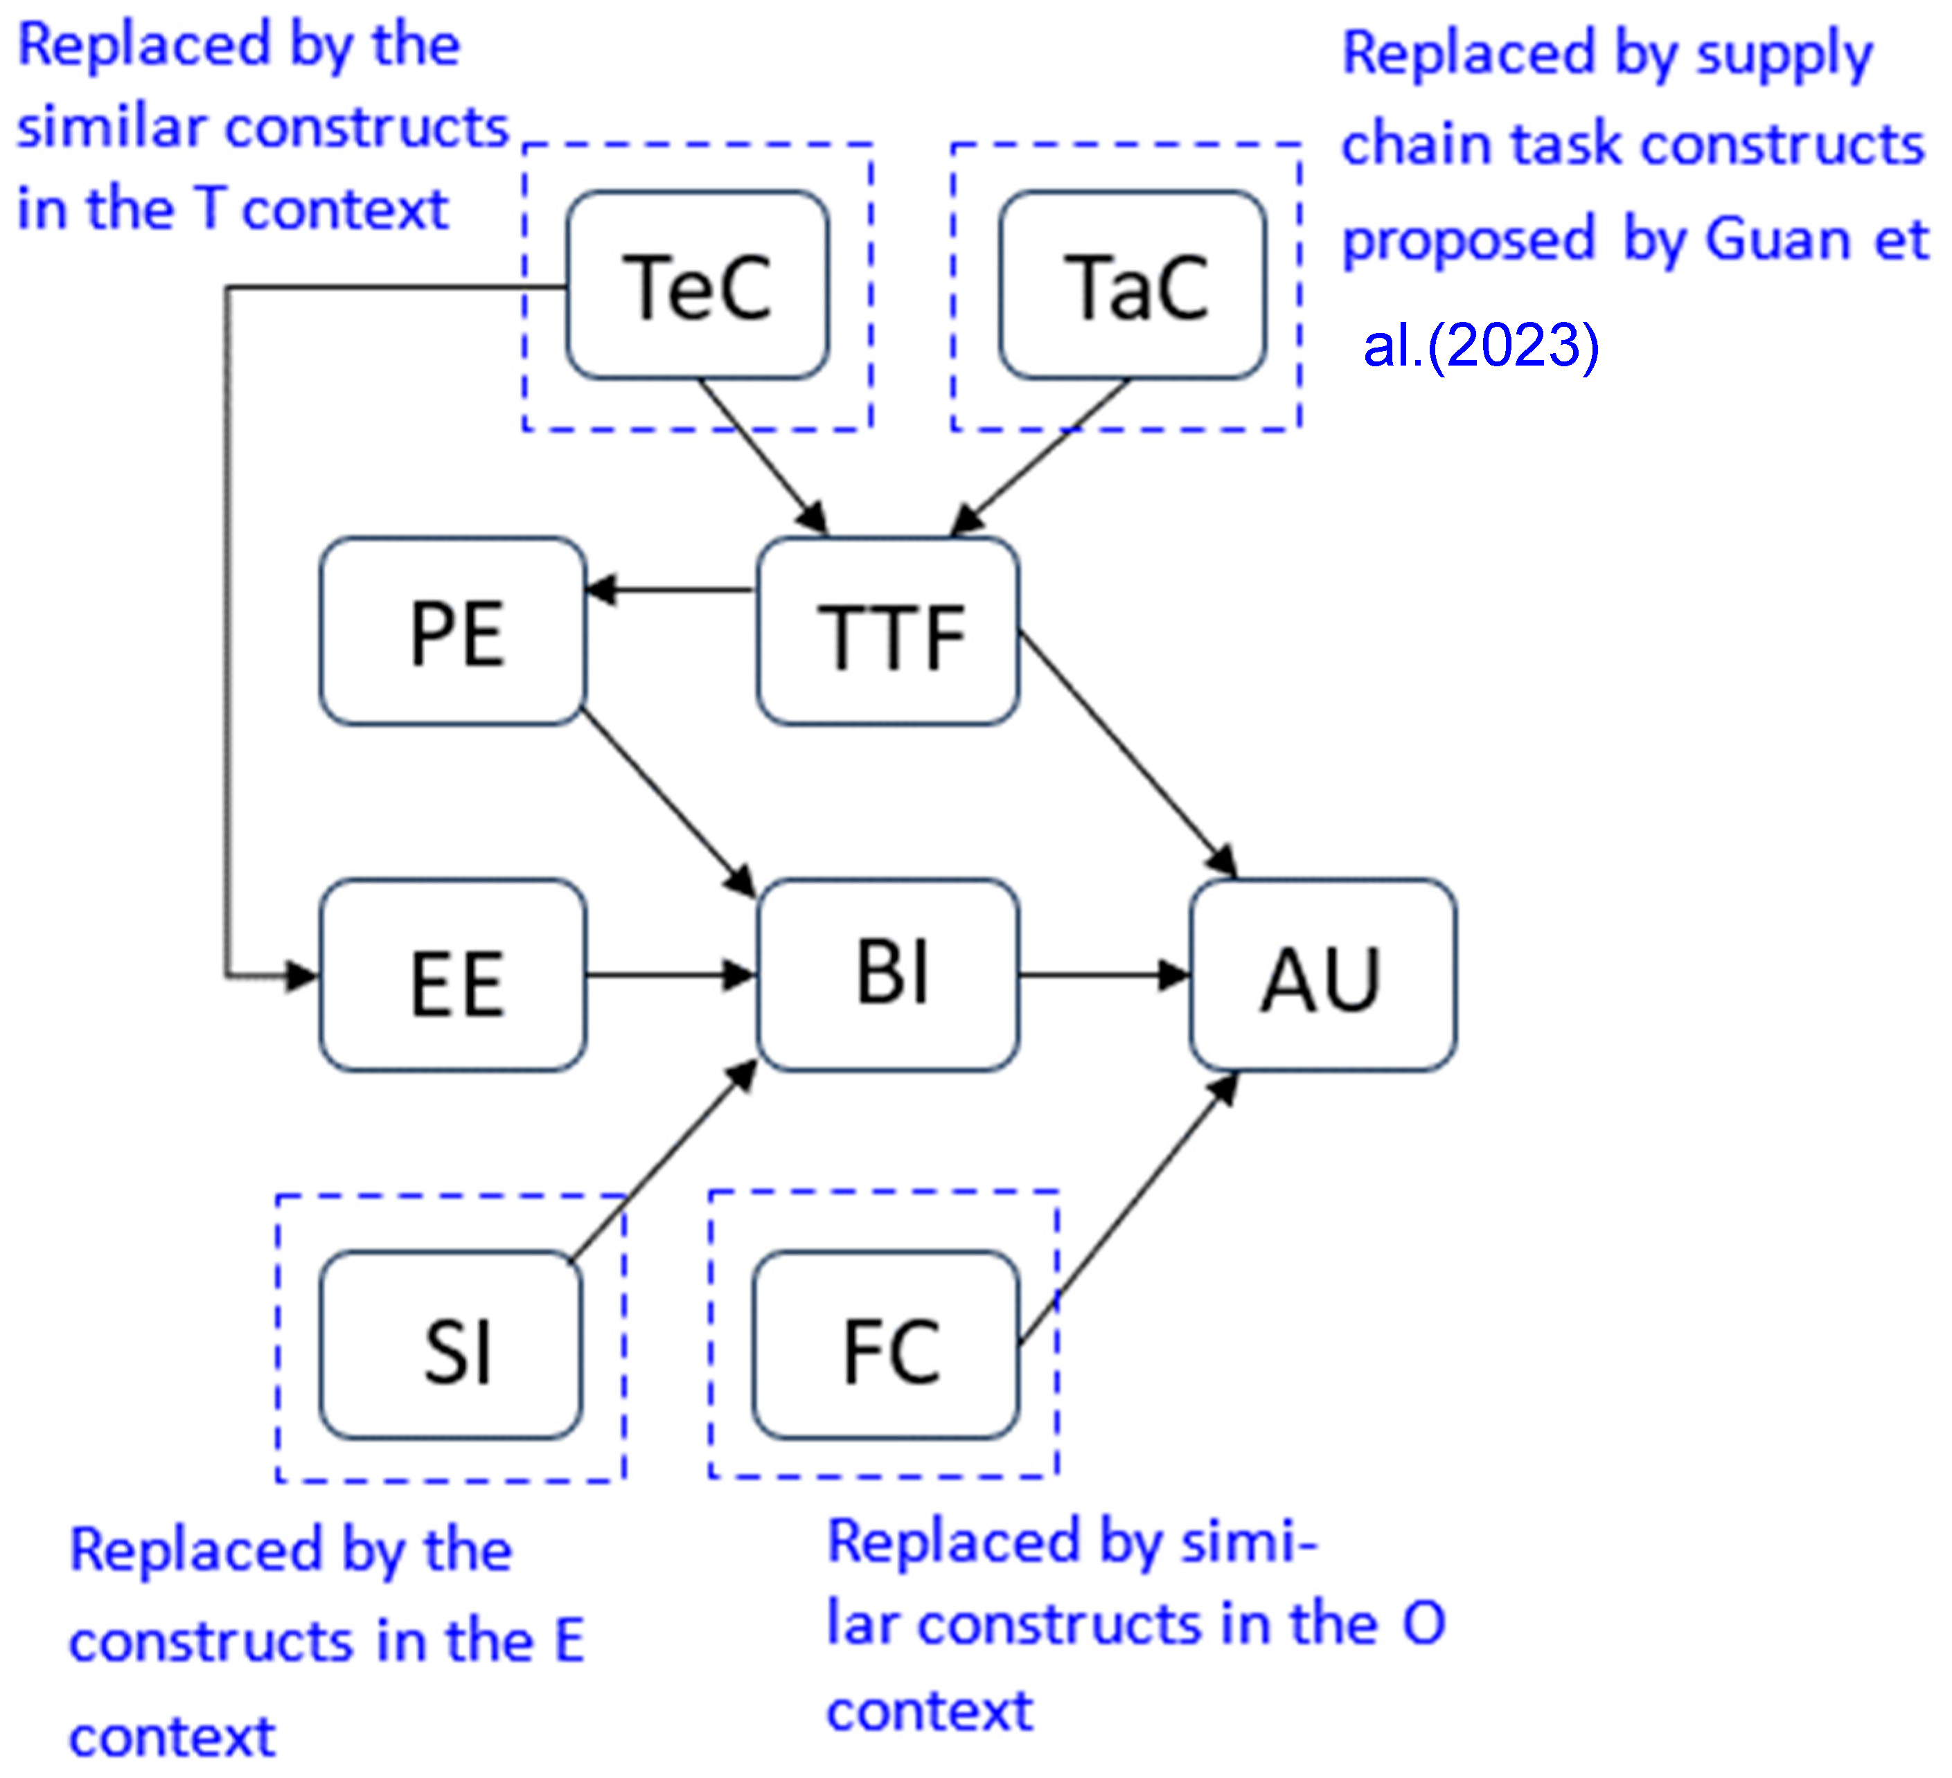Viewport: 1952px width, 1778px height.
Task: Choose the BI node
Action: (x=888, y=976)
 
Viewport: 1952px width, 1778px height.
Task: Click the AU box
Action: (x=1322, y=976)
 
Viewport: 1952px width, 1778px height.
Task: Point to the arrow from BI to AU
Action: (x=1104, y=976)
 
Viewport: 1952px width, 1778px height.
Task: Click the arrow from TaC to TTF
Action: (x=1041, y=458)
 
